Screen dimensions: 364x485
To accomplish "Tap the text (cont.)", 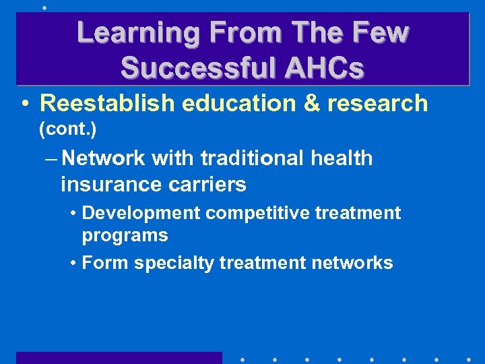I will click(67, 127).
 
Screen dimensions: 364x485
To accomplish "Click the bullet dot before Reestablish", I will click(24, 104).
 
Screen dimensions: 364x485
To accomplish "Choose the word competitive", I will click(253, 214).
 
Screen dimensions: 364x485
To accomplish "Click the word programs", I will click(125, 236).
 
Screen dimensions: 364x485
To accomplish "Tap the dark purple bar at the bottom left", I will click(119, 358).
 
